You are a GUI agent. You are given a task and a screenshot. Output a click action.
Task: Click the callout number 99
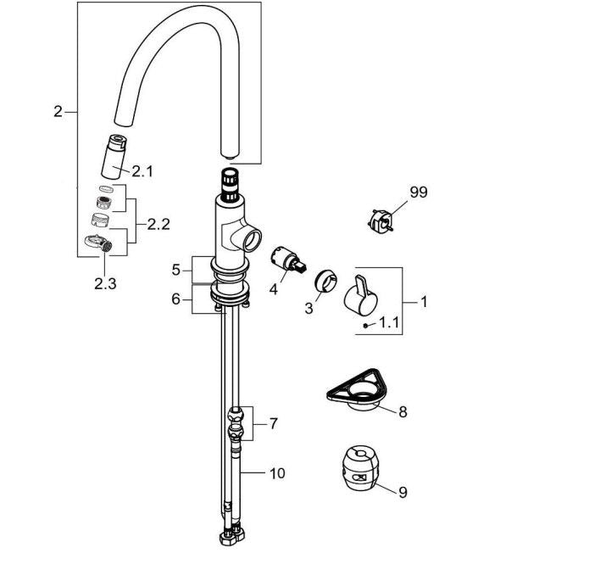pos(418,193)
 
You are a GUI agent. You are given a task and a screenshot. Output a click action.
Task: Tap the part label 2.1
pos(142,171)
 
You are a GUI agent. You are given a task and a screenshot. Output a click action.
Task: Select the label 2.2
pos(158,225)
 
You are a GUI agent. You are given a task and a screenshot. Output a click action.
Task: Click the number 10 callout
pos(278,473)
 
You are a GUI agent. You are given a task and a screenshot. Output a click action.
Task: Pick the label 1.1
pos(388,322)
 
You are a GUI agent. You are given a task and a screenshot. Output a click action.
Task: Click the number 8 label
pos(403,412)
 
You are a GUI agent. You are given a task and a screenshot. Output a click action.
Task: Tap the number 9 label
pos(403,491)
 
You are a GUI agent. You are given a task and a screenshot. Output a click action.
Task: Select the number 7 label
pos(273,422)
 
